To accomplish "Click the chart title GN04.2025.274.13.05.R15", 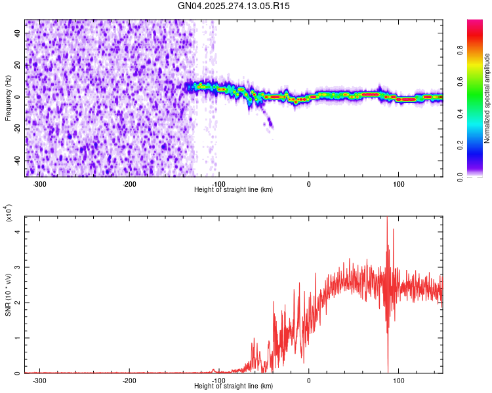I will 234,6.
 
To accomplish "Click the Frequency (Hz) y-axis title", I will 8,98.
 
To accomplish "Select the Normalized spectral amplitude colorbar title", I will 487,98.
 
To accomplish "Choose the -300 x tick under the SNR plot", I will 40,380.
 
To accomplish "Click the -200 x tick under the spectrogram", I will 129,183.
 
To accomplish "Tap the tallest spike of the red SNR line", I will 387,218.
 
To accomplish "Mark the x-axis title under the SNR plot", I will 234,386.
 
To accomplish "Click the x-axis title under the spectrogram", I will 234,189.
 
